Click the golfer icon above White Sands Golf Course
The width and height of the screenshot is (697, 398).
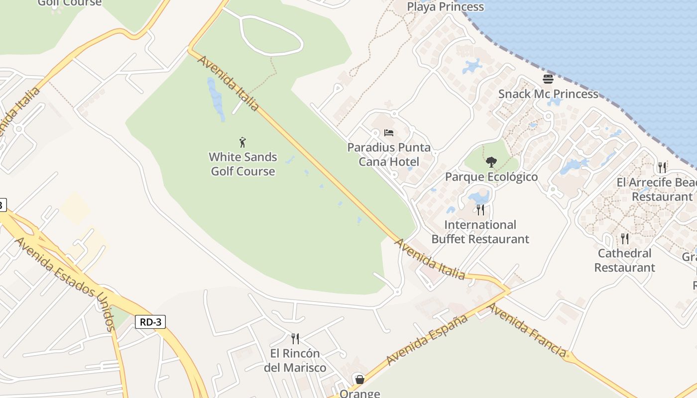tap(242, 142)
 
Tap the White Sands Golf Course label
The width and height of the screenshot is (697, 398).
tap(243, 164)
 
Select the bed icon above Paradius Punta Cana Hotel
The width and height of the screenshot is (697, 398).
tap(389, 133)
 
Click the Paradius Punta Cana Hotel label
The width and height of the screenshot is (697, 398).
tap(389, 154)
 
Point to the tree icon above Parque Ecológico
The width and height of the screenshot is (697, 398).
tap(491, 162)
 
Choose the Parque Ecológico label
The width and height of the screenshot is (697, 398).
tap(491, 177)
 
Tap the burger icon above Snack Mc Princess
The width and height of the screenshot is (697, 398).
tap(548, 79)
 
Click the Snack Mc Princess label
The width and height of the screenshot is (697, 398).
tap(548, 94)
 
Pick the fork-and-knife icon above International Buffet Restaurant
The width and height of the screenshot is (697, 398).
tap(480, 209)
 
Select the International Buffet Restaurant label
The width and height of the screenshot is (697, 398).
tap(480, 232)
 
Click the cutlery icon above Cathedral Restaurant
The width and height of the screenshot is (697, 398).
tap(624, 238)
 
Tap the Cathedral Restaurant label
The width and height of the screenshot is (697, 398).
tap(624, 260)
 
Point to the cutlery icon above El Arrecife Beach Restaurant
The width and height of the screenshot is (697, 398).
tap(662, 167)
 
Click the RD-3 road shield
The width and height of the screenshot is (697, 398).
tap(150, 322)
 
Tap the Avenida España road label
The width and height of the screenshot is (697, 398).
tap(427, 339)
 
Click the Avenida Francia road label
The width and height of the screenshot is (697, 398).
tap(527, 330)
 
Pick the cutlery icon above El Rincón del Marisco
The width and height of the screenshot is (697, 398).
tap(295, 339)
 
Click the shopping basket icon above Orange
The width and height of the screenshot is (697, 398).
tap(359, 380)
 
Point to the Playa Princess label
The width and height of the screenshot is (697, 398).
tap(445, 7)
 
